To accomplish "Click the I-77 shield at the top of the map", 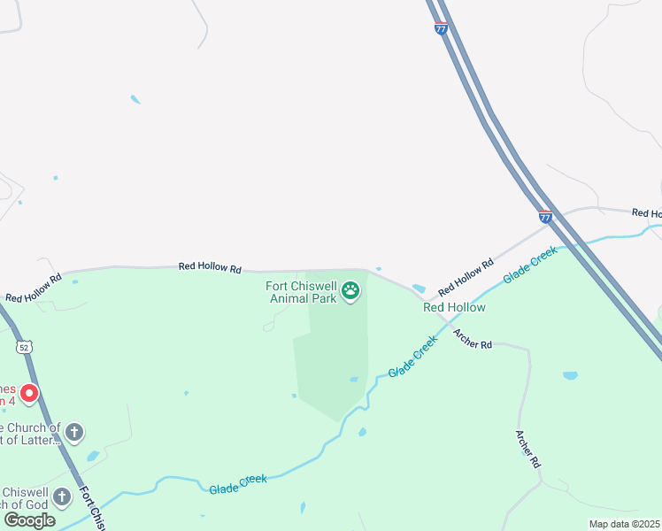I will pyautogui.click(x=441, y=28).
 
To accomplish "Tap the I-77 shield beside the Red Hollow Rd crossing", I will pyautogui.click(x=545, y=216).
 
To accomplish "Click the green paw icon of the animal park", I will pyautogui.click(x=351, y=291).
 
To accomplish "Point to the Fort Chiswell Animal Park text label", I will pyautogui.click(x=302, y=292).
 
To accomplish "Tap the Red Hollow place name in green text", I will pyautogui.click(x=454, y=307).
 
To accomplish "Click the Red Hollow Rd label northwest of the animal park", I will pyautogui.click(x=210, y=265).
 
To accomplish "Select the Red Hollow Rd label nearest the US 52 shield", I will pyautogui.click(x=34, y=289).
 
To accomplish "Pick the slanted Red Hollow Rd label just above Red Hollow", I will pyautogui.click(x=466, y=277).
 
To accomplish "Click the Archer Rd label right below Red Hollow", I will pyautogui.click(x=472, y=338).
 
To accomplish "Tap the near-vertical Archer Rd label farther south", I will pyautogui.click(x=528, y=449).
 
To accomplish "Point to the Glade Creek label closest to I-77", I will pyautogui.click(x=531, y=265).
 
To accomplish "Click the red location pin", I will pyautogui.click(x=29, y=393).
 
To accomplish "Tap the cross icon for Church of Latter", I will pyautogui.click(x=75, y=433).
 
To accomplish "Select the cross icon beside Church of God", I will pyautogui.click(x=62, y=496).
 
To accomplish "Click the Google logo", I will pyautogui.click(x=29, y=520).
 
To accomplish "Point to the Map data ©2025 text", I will pyautogui.click(x=624, y=524).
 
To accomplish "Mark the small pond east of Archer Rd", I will pyautogui.click(x=570, y=375).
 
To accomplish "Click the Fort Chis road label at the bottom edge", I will pyautogui.click(x=92, y=508).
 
